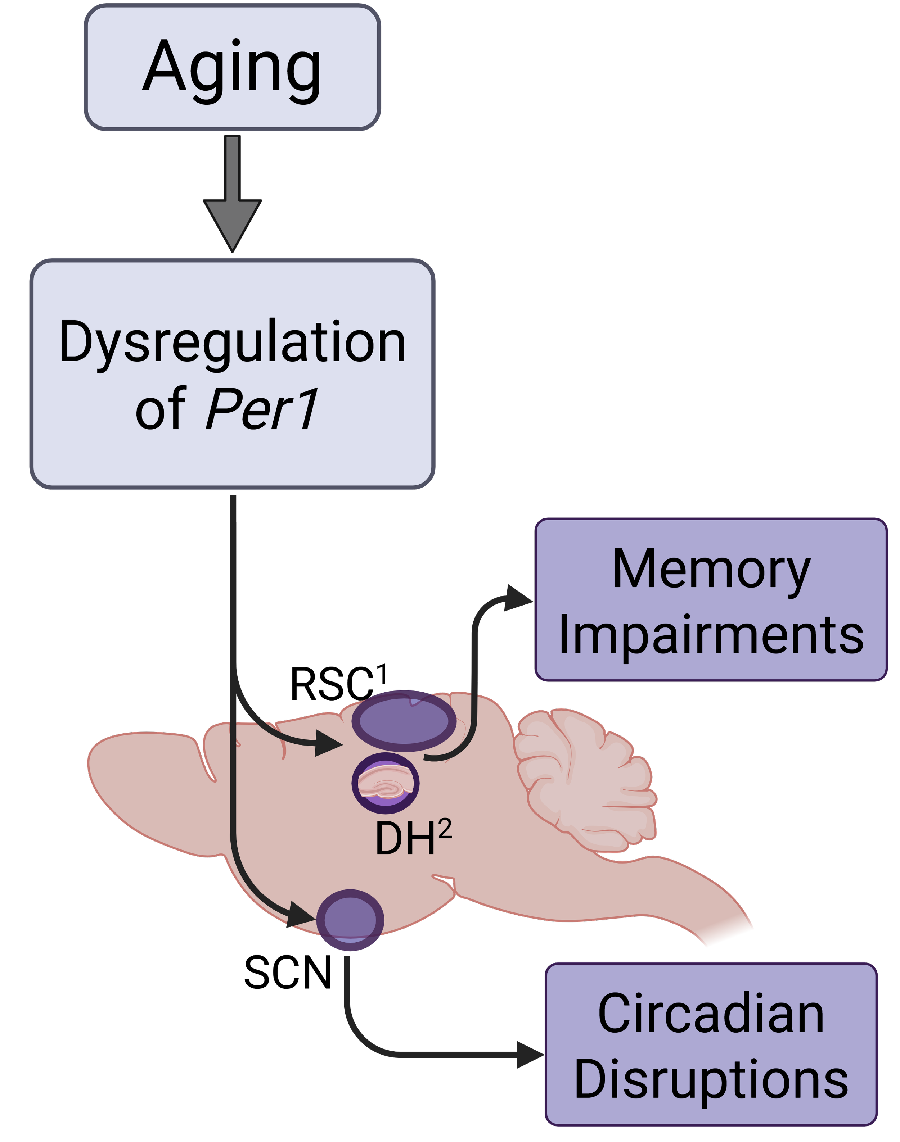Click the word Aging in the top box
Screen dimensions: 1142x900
pyautogui.click(x=231, y=68)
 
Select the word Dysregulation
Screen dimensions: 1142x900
pyautogui.click(x=232, y=342)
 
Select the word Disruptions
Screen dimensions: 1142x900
pyautogui.click(x=711, y=1079)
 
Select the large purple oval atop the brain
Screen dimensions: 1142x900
pyautogui.click(x=404, y=721)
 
